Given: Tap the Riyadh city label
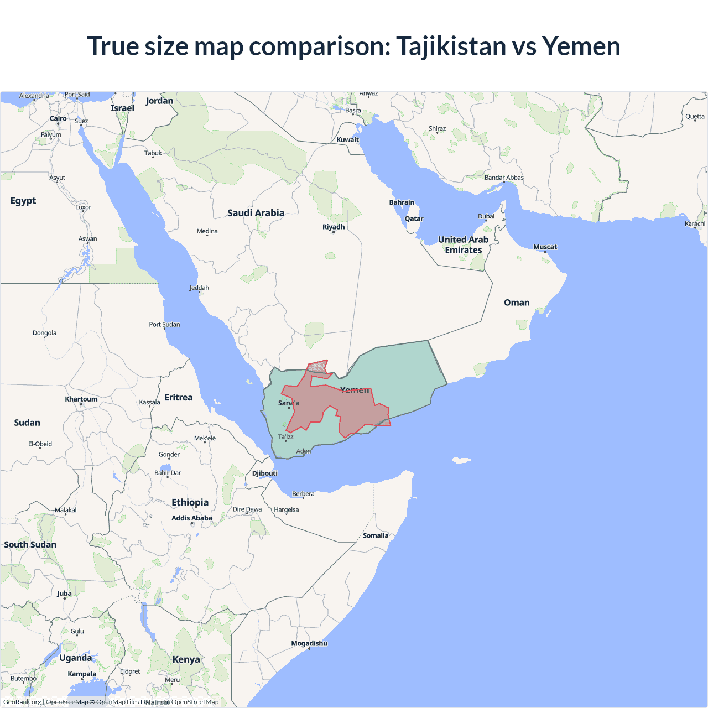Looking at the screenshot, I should tap(334, 227).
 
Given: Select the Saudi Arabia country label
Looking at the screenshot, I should tap(256, 213).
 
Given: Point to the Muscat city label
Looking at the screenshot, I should tap(545, 247).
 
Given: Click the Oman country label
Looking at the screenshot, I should tap(517, 303).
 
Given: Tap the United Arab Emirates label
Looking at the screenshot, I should tap(464, 244).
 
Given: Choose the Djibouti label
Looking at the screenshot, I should tap(265, 473).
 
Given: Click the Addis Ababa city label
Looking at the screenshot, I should tap(191, 518).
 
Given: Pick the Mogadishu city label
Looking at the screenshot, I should tap(309, 643).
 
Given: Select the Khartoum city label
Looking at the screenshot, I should tap(81, 399).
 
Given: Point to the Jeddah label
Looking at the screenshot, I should tap(199, 288).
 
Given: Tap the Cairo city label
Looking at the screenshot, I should tap(58, 118).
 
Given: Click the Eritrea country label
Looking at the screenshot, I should tap(179, 398).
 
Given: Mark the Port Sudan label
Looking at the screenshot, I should tap(164, 325).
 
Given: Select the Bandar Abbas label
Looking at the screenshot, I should tap(504, 178).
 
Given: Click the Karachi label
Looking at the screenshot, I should tap(695, 224).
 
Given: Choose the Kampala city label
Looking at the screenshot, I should tap(82, 674).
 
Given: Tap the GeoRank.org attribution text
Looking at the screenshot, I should tap(22, 702).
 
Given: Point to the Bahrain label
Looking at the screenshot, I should tap(402, 202).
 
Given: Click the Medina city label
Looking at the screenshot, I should tap(207, 231).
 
